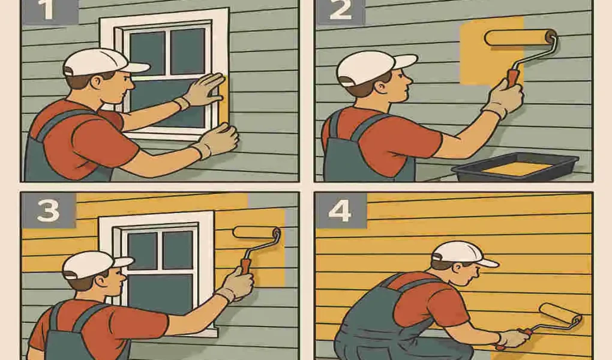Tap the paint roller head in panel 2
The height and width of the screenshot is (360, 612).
coord(520,38)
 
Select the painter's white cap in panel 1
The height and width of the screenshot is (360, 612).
coord(96,61)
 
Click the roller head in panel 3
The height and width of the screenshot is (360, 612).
coord(254,232)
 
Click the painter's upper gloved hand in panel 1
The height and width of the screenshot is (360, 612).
coord(204,90)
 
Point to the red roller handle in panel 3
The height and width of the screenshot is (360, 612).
coord(246,265)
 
